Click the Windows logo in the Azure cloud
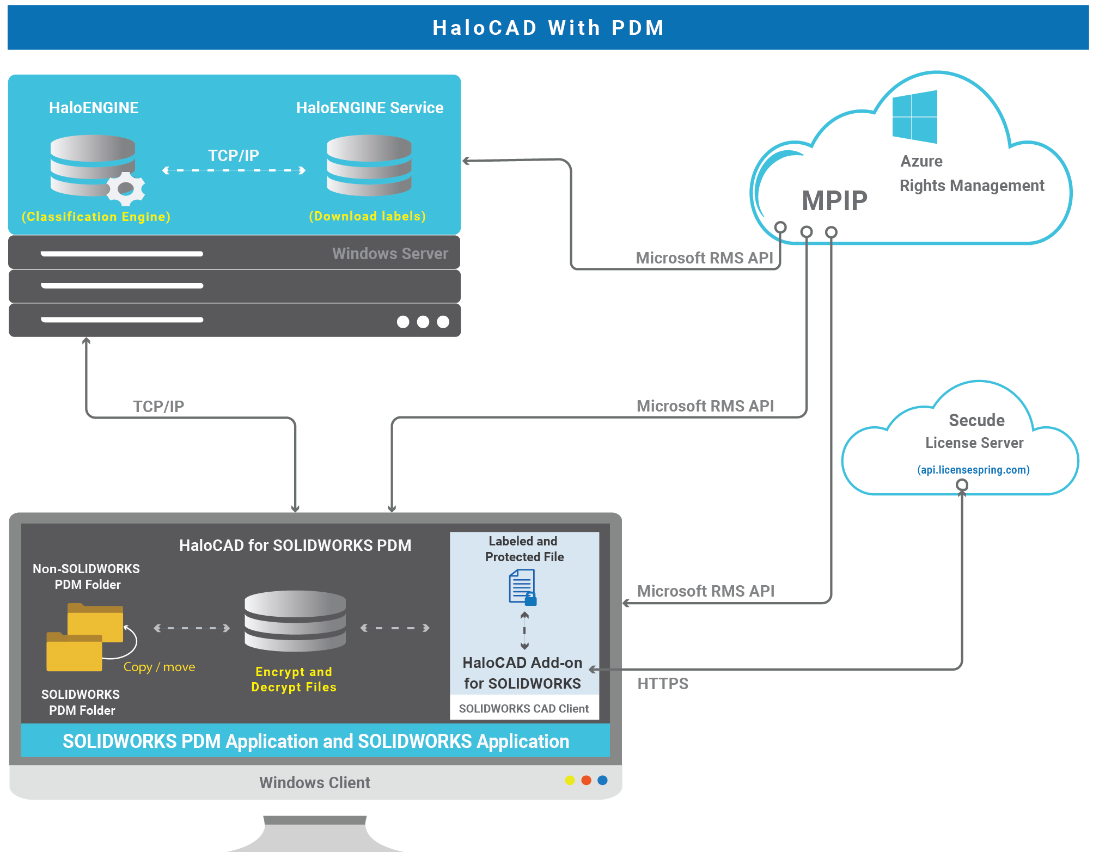pos(915,116)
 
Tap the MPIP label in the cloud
pos(834,200)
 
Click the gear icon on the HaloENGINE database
pos(126,188)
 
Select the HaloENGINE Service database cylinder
pos(369,165)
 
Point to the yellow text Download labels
pos(367,216)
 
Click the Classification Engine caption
pos(96,217)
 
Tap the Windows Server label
pos(390,254)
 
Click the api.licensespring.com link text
pos(973,470)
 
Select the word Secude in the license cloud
pos(976,420)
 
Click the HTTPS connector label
pos(663,684)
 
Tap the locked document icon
pos(522,587)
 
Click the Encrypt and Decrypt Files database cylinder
pos(295,621)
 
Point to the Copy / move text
pos(159,667)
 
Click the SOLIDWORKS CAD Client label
pos(523,709)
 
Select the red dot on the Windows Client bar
pos(586,780)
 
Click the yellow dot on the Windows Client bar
pos(570,780)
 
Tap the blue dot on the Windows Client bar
pos(602,780)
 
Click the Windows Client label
pos(314,783)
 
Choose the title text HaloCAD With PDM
pos(548,28)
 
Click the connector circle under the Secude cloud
pos(962,484)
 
